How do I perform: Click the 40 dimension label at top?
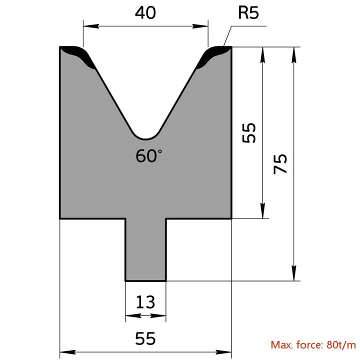tap(145, 12)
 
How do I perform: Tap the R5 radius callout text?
tap(248, 12)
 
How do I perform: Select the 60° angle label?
tap(149, 155)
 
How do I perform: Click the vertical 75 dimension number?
tap(280, 163)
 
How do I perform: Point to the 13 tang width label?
tap(145, 302)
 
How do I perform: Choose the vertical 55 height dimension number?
tap(249, 132)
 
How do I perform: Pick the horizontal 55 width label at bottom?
tap(145, 338)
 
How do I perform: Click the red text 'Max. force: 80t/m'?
tap(313, 345)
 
